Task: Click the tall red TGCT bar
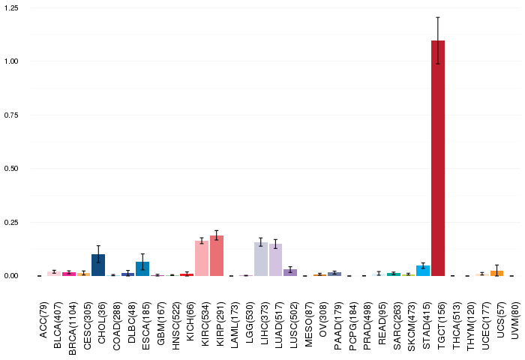[437, 158]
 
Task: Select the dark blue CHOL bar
[98, 265]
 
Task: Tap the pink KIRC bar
[202, 258]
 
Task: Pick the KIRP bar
[217, 256]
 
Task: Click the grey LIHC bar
[261, 259]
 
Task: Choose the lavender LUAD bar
[275, 259]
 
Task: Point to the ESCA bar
[142, 269]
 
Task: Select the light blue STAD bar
[423, 271]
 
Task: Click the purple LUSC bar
[290, 272]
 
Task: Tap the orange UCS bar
[496, 273]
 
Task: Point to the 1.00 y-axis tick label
[11, 61]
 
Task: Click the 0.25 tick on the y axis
[11, 222]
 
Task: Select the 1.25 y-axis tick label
[11, 7]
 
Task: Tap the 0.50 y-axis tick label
[11, 169]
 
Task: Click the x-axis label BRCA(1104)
[73, 328]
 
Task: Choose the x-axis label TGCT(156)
[442, 325]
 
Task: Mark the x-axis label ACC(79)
[43, 320]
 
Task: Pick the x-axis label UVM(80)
[516, 320]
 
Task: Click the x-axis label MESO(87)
[309, 325]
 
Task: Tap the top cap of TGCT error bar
[437, 17]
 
